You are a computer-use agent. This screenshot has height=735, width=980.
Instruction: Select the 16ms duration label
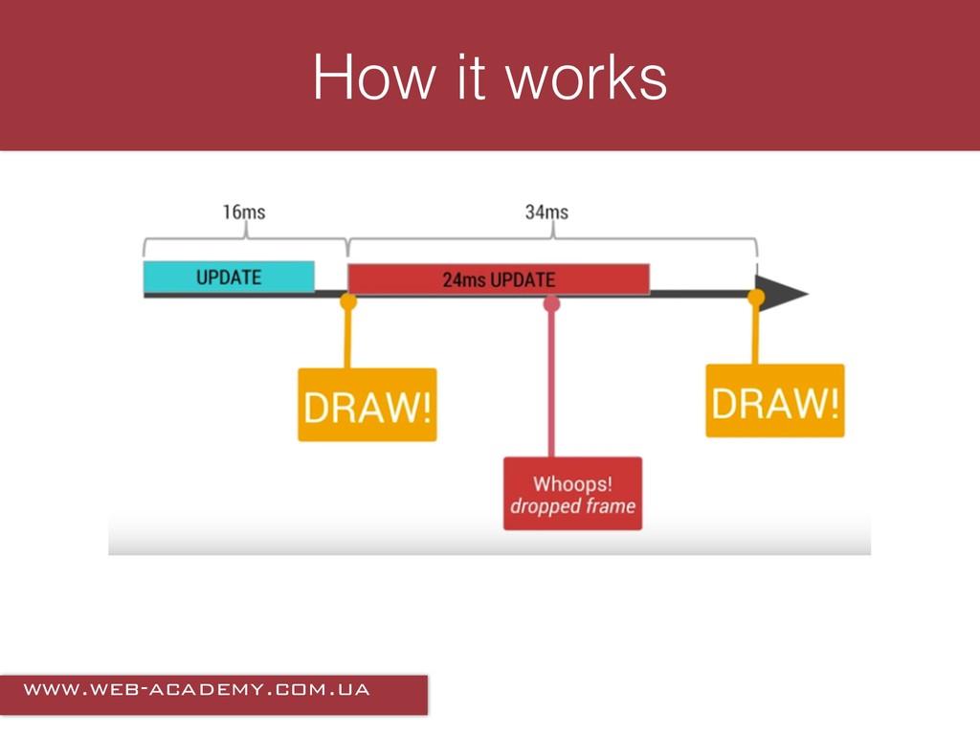point(244,212)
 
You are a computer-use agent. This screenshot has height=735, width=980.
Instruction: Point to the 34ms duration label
point(546,212)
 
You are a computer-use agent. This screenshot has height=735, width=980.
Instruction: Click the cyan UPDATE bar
point(229,277)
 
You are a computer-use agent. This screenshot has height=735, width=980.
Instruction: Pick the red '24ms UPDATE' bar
point(499,279)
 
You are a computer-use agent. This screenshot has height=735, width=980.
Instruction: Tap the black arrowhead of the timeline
point(783,293)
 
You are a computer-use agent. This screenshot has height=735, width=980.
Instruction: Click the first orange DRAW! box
point(367,405)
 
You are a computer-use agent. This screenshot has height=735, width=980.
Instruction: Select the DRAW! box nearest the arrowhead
point(775,401)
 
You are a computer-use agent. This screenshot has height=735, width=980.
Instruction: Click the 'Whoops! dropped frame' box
point(572,493)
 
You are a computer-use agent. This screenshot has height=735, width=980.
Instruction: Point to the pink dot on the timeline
point(551,303)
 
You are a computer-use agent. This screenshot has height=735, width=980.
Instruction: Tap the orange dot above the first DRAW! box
point(348,301)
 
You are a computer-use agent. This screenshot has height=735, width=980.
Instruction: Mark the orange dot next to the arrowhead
point(756,298)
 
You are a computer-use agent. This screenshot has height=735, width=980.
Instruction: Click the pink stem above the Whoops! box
point(551,383)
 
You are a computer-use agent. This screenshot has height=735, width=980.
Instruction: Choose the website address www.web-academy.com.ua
point(197,689)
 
